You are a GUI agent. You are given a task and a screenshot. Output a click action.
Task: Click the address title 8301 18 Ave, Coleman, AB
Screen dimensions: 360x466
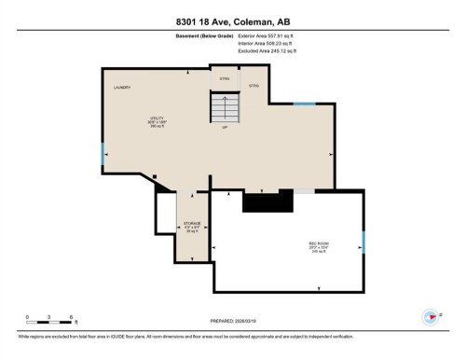tap(232, 21)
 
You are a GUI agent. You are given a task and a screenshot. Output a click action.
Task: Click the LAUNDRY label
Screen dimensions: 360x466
tap(122, 88)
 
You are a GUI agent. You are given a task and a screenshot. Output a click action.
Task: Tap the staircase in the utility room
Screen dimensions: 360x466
tap(225, 109)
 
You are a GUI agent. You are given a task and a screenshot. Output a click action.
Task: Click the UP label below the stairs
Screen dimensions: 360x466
tap(225, 128)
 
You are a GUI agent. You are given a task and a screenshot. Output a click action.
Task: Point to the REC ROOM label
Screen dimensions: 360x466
tap(319, 247)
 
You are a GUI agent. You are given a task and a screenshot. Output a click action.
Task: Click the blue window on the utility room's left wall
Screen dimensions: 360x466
tap(103, 154)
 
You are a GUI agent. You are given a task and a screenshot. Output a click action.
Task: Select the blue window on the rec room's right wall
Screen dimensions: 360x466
tap(363, 242)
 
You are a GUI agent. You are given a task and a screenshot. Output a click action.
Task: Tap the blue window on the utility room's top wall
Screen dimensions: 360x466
tap(305, 104)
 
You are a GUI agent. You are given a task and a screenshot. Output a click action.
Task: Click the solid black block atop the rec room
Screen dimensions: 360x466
tap(267, 201)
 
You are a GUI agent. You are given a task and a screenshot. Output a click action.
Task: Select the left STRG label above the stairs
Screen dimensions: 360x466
tap(224, 79)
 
